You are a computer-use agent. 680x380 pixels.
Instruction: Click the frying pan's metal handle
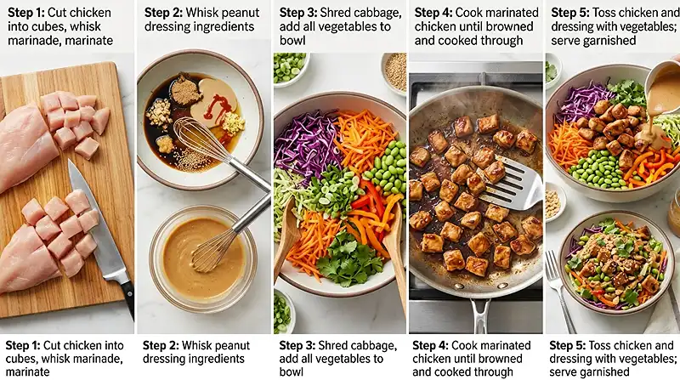(480, 313)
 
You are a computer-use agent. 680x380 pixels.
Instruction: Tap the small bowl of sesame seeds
(394, 72)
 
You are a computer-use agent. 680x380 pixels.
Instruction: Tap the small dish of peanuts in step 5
(554, 201)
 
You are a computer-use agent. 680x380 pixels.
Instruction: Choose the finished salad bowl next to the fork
(615, 262)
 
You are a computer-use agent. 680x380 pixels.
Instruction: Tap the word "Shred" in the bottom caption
(333, 346)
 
